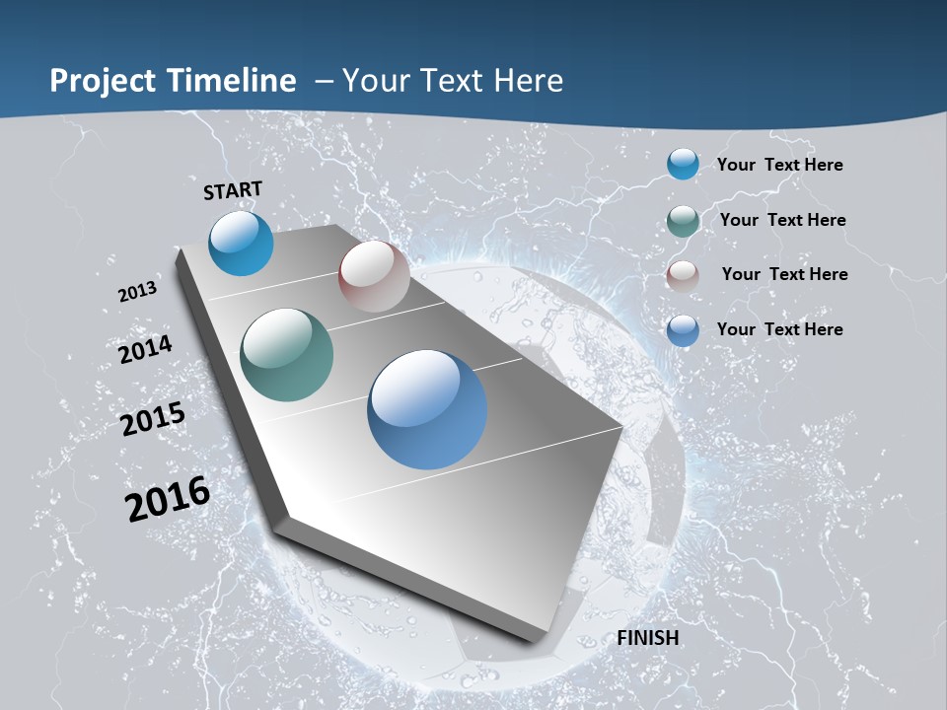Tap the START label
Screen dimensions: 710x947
click(233, 190)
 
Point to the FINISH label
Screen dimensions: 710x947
click(648, 638)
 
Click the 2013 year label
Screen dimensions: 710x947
click(137, 292)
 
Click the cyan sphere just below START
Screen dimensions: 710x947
click(241, 243)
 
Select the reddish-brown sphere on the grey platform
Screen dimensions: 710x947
click(374, 276)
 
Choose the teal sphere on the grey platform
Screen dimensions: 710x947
click(286, 355)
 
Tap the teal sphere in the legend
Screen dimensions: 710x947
click(683, 221)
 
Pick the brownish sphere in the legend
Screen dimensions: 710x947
click(683, 276)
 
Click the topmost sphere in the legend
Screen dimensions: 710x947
click(683, 164)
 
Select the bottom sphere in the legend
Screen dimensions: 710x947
click(683, 330)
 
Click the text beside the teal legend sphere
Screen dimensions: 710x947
click(782, 220)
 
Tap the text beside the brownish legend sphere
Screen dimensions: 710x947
click(784, 274)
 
